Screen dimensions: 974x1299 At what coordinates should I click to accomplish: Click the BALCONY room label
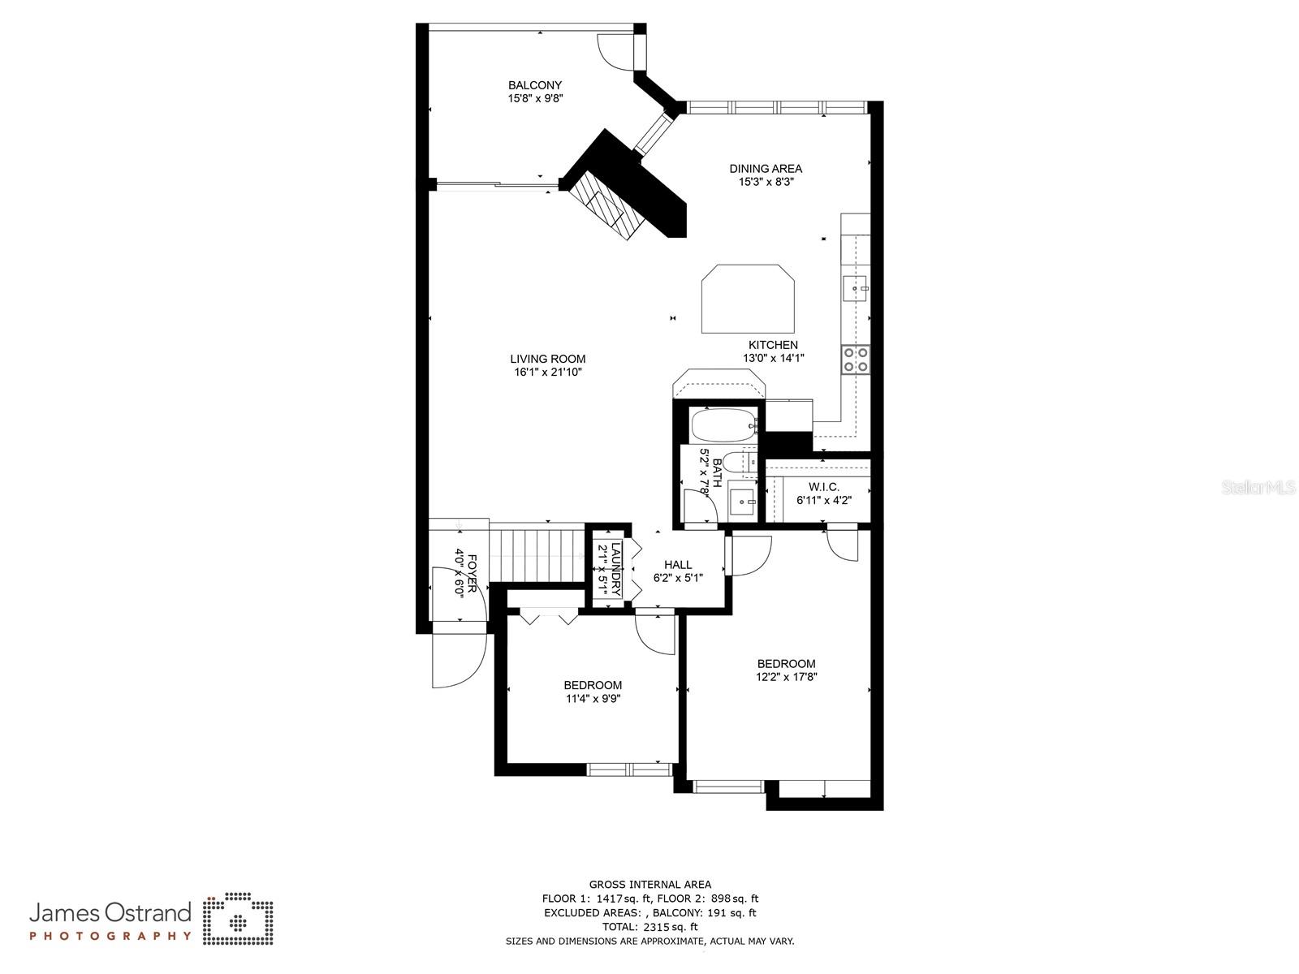coord(535,85)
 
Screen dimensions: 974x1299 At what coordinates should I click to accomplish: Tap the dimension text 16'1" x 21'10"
coord(548,373)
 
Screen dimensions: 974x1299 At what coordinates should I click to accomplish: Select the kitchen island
coord(748,299)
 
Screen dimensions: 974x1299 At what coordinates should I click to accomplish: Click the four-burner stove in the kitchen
coord(855,359)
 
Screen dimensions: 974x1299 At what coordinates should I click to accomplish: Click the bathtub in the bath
coord(723,424)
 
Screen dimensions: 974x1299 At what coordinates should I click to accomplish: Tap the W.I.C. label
coord(823,487)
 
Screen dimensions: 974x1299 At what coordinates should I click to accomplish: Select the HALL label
coord(678,565)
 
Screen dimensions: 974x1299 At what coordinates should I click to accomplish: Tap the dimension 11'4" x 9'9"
coord(593,699)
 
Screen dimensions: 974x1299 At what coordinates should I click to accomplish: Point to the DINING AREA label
coord(766,169)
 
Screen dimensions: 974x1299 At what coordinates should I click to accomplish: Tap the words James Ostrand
coord(110,913)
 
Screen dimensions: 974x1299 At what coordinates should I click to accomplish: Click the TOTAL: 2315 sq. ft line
coord(649,927)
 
